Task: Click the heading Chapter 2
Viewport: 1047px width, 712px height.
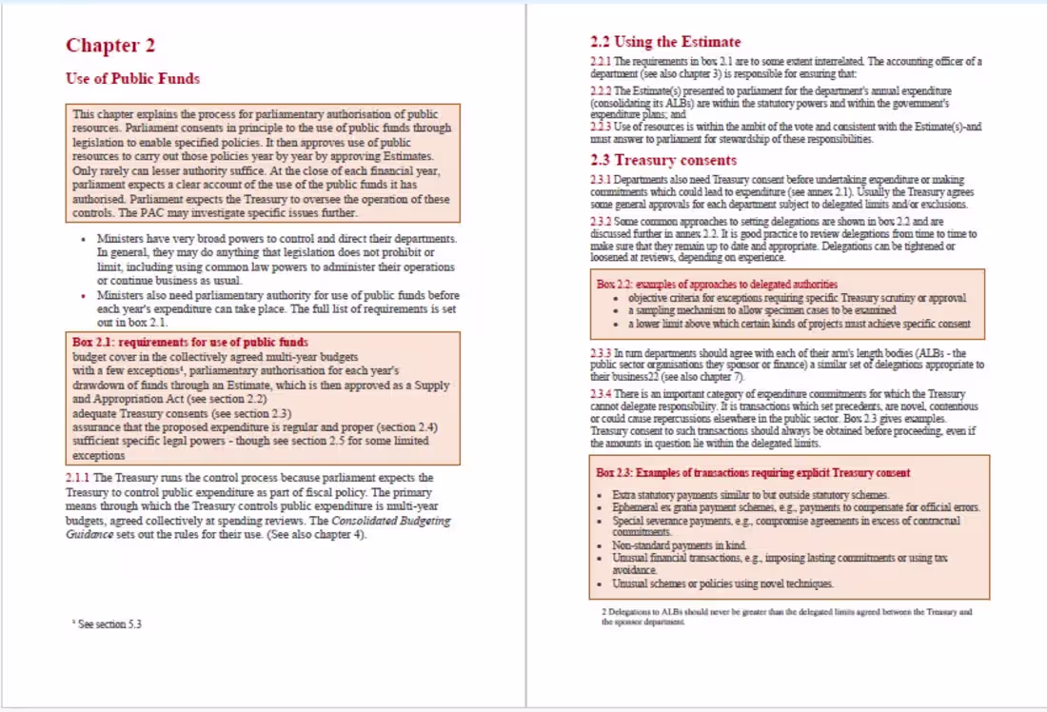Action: tap(110, 46)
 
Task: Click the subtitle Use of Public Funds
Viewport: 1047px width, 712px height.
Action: tap(132, 79)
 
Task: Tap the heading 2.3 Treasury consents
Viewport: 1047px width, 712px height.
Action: tap(662, 160)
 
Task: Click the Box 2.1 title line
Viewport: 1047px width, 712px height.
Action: tap(189, 342)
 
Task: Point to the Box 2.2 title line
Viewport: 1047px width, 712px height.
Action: tap(717, 284)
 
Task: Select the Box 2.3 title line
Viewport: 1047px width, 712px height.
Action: tap(752, 472)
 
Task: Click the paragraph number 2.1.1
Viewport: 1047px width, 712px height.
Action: tap(78, 478)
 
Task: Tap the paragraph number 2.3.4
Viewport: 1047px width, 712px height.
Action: tap(601, 394)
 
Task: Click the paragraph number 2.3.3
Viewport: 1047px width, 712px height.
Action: tap(601, 353)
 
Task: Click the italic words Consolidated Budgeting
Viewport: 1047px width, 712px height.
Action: tap(391, 521)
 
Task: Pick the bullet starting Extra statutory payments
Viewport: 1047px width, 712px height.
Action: tap(750, 495)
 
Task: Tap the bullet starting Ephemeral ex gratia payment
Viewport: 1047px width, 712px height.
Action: tap(795, 508)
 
